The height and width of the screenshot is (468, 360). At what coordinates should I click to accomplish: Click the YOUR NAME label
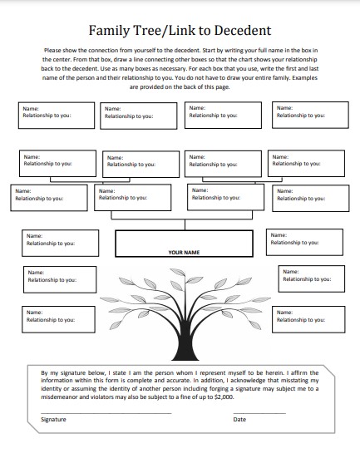click(x=183, y=251)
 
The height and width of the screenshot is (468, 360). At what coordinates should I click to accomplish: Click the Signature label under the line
click(x=53, y=420)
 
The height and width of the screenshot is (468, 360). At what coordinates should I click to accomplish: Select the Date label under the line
click(x=239, y=420)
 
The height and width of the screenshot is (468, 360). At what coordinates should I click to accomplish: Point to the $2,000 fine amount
click(x=222, y=397)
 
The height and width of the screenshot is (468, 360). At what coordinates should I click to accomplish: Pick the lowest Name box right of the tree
click(x=308, y=319)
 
